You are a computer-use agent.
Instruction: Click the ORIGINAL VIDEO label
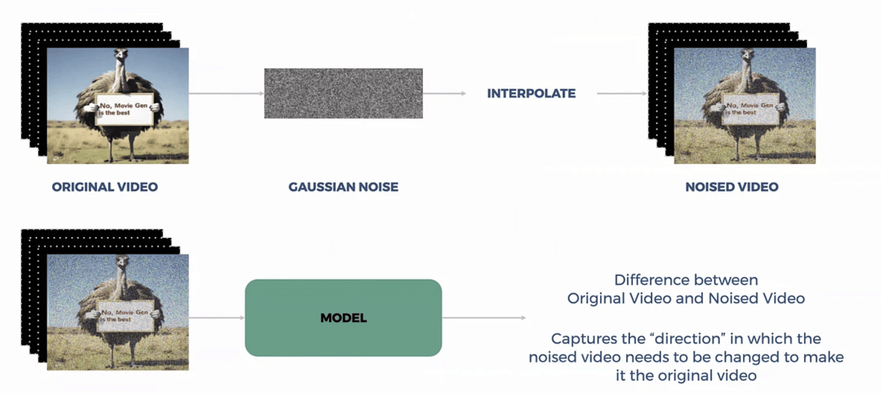[105, 187]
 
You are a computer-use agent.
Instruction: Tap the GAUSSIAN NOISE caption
[343, 187]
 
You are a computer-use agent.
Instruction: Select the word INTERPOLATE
[531, 93]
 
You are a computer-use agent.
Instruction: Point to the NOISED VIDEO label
[731, 187]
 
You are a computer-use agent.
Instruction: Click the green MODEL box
[343, 318]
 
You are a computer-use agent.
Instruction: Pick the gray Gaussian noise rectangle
[343, 93]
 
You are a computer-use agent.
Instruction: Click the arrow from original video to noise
[226, 93]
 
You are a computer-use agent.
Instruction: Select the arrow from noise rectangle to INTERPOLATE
[444, 93]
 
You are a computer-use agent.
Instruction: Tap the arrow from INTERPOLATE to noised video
[621, 93]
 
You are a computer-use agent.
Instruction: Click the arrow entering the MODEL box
[216, 318]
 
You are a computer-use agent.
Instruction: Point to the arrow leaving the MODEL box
[484, 318]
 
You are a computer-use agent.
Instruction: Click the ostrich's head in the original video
[121, 54]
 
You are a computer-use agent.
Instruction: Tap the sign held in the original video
[124, 109]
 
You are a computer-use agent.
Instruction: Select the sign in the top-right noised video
[751, 109]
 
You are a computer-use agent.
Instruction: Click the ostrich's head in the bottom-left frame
[122, 261]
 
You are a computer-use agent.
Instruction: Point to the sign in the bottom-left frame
[125, 316]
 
